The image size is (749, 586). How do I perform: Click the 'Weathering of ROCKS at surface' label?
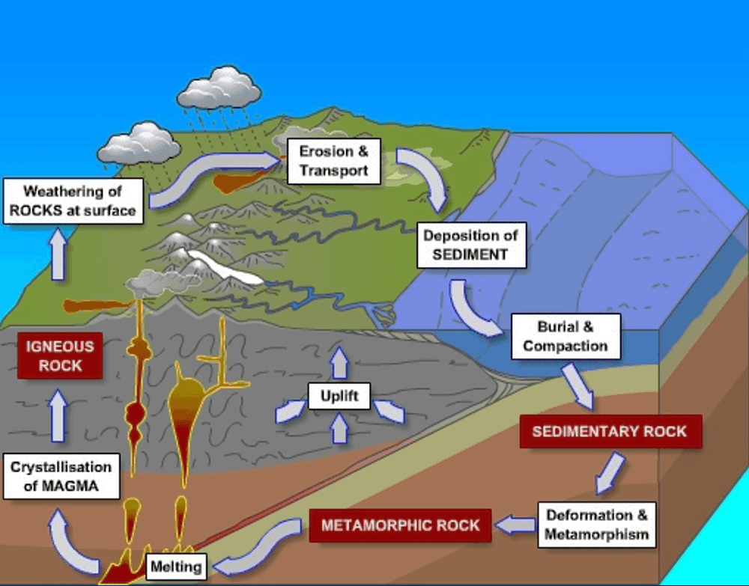pos(73,201)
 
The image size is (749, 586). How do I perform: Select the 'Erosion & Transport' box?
pos(334,161)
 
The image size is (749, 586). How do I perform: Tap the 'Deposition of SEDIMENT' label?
pos(470,245)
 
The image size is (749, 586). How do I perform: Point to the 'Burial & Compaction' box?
pos(565,337)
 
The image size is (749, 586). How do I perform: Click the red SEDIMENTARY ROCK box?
pos(609,432)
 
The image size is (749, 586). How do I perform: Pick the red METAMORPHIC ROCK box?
pos(401,525)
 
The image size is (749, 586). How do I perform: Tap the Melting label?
pos(176,567)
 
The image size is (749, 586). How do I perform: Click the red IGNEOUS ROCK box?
pos(61,356)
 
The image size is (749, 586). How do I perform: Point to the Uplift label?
pos(339,396)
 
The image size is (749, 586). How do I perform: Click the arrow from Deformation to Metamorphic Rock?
pos(516,525)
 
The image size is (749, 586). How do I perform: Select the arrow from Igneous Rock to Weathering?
pos(58,254)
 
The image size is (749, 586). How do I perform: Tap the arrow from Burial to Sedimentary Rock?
pos(579,385)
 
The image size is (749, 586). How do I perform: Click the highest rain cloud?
pos(219,88)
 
